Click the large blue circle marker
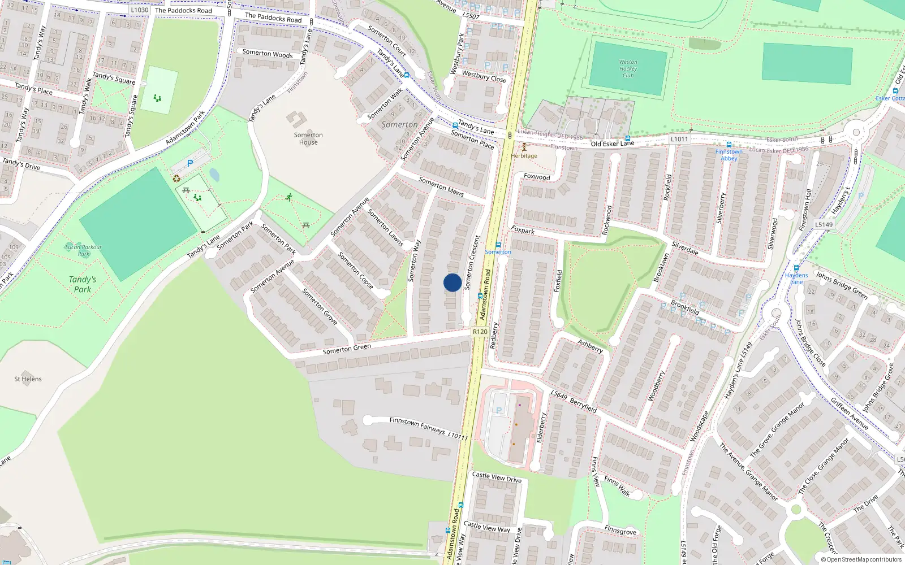[x=453, y=282]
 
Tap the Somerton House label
[x=308, y=138]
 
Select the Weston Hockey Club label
[x=628, y=68]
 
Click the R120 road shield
[x=480, y=332]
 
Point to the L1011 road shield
[x=679, y=139]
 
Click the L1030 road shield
[x=139, y=10]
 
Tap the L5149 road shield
[x=824, y=224]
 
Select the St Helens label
[x=28, y=379]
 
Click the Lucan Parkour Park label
[x=83, y=250]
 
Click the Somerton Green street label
[x=347, y=349]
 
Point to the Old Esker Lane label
[x=613, y=144]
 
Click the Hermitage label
[x=524, y=156]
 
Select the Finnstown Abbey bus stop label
[x=729, y=155]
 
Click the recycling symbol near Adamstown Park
[x=176, y=179]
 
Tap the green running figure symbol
[x=289, y=197]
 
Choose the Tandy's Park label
[x=83, y=284]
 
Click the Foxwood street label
[x=537, y=177]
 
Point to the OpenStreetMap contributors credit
[x=861, y=559]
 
